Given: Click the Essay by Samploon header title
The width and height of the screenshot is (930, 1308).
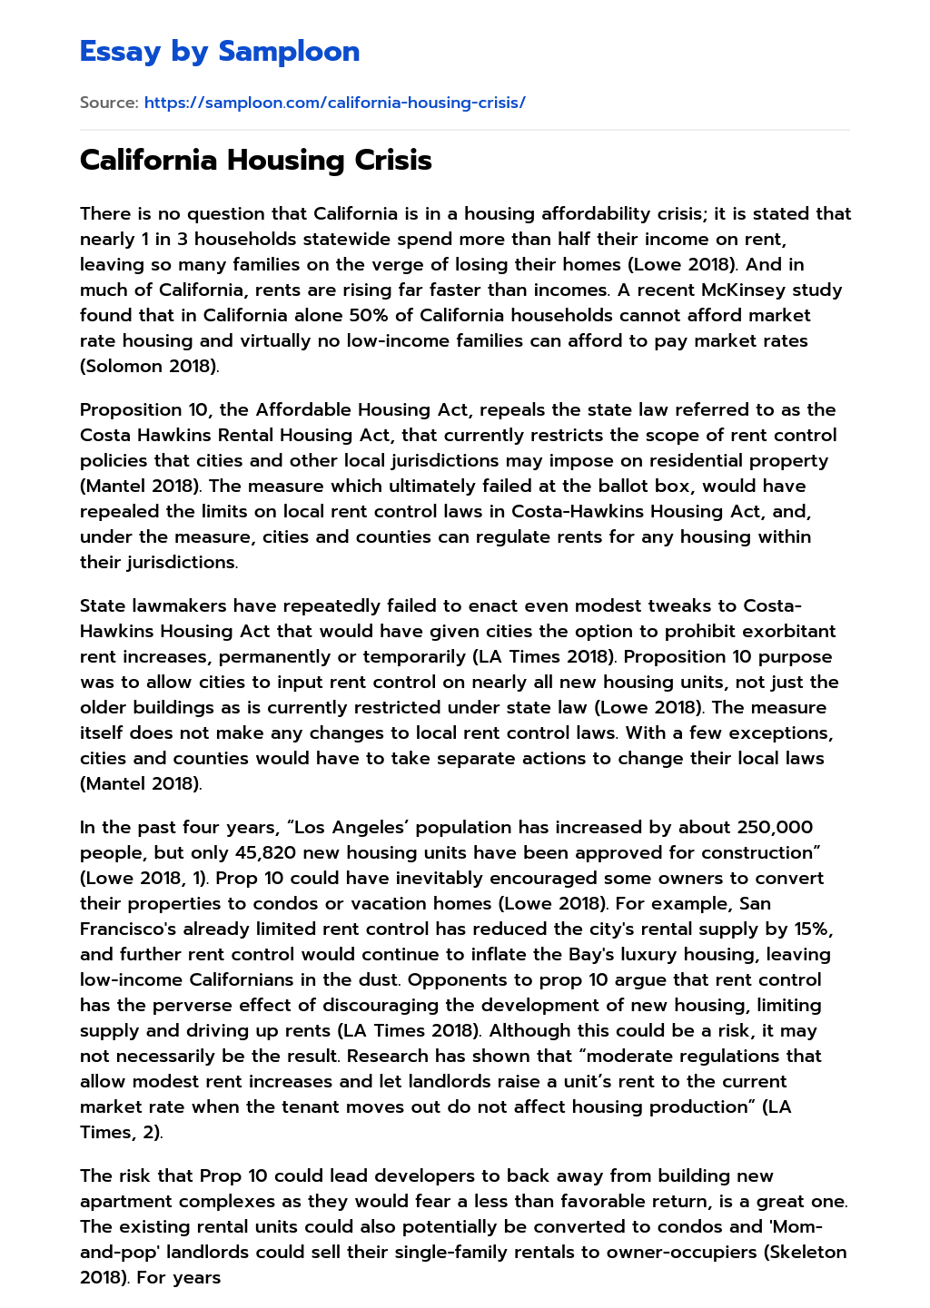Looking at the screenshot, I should [x=220, y=52].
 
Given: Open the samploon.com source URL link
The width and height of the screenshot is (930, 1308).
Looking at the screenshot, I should [x=334, y=103].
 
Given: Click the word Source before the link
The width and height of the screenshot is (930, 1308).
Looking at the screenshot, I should [x=108, y=103].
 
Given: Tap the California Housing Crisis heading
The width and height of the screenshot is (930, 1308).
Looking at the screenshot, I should [x=255, y=160].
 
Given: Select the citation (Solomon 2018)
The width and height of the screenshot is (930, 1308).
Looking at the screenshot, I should [x=148, y=367].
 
